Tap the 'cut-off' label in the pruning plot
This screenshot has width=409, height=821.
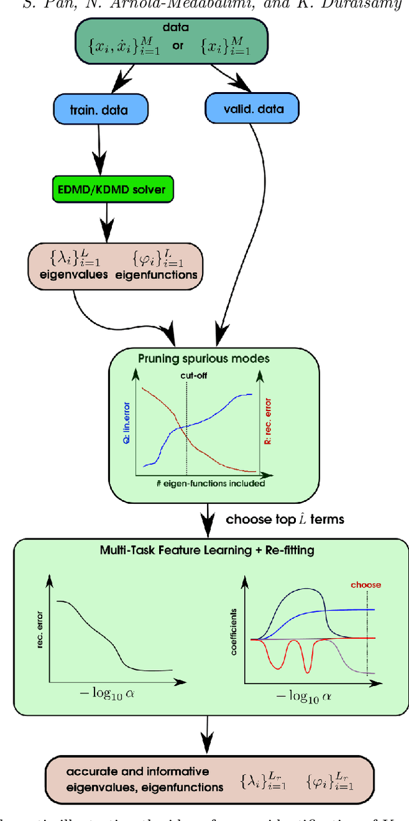[187, 377]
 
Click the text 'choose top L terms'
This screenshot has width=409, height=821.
[284, 519]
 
